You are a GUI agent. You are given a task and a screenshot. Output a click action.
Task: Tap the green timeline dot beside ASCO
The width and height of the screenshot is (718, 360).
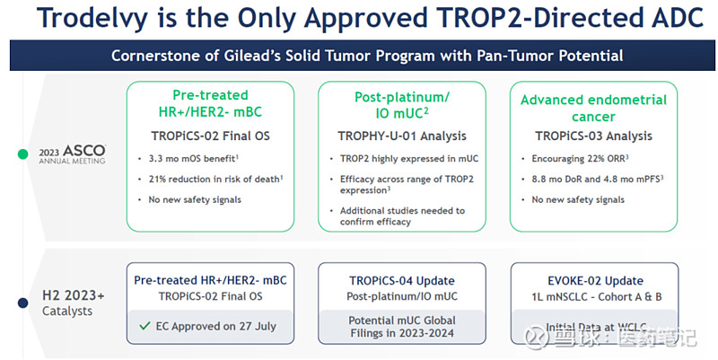pos(22,154)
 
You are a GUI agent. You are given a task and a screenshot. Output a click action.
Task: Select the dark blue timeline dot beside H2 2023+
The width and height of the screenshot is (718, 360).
pos(22,303)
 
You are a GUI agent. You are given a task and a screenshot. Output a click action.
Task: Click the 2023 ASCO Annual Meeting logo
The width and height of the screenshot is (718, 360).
pos(72,154)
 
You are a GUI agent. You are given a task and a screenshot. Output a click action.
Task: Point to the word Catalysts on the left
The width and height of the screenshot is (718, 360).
pos(66,311)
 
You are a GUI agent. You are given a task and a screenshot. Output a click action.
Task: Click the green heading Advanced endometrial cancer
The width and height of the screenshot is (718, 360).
pos(593,108)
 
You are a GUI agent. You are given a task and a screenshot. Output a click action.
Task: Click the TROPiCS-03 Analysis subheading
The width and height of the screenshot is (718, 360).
pos(593,136)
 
